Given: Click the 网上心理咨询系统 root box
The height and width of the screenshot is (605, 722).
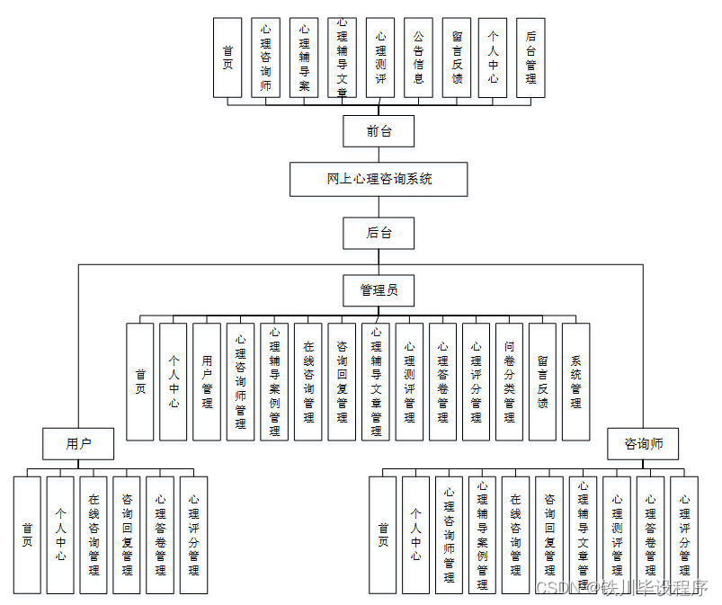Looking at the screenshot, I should [x=379, y=179].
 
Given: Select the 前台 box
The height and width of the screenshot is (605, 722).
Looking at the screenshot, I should [x=379, y=131].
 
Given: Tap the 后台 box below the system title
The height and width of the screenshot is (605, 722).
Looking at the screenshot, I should [x=379, y=233].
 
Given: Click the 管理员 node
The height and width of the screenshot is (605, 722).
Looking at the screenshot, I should [x=379, y=290].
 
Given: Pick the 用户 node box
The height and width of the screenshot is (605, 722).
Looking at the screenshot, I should [x=78, y=443].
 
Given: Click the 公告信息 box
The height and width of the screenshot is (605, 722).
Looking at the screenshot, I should [x=418, y=58].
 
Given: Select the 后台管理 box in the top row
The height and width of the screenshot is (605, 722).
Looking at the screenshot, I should [x=530, y=58].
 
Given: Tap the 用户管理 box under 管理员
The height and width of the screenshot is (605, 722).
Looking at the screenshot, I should [x=207, y=381].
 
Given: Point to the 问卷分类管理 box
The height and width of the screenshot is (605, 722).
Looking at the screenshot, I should [x=509, y=381].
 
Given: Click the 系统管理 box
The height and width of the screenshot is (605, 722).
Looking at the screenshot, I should [x=575, y=381].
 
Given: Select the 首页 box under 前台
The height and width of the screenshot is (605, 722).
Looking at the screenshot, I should [x=227, y=58].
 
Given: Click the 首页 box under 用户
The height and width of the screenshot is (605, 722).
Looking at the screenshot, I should [x=27, y=535].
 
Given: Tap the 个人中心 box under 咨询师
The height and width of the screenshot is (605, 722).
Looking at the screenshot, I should [x=415, y=535].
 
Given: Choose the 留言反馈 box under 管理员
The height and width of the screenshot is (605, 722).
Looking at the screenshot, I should [x=542, y=381].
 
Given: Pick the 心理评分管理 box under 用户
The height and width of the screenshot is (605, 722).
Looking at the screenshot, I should [x=193, y=535].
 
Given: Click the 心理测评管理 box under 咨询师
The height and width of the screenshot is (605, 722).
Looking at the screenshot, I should [x=617, y=535].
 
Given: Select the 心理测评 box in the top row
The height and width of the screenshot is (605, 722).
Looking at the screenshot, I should [x=380, y=58].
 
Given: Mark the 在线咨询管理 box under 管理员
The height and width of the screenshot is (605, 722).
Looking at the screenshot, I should [x=308, y=381].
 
